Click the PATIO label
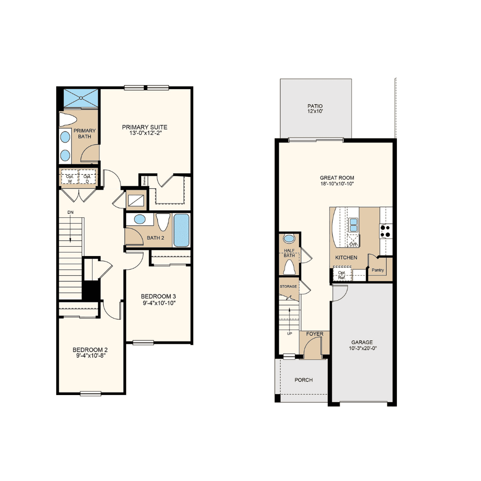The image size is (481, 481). click(x=315, y=106)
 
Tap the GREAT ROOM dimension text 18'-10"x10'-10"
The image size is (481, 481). click(x=337, y=184)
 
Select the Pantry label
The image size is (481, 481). click(x=378, y=270)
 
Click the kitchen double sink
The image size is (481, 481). click(x=353, y=225)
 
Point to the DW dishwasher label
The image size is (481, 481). click(x=353, y=244)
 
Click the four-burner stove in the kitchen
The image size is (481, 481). click(x=386, y=231)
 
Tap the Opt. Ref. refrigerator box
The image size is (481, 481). click(x=342, y=274)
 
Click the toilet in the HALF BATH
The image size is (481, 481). click(x=289, y=267)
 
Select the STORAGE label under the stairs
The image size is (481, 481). click(x=288, y=286)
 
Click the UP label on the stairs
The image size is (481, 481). click(x=289, y=334)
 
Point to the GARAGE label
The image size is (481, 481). click(x=362, y=342)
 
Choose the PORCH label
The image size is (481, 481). click(x=304, y=380)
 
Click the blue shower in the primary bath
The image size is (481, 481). click(x=81, y=98)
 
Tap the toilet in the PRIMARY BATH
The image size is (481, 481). click(x=68, y=120)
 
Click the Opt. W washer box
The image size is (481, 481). click(x=69, y=177)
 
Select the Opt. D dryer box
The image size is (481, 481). click(x=87, y=177)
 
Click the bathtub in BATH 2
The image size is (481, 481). click(x=181, y=230)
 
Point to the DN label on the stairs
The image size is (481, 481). click(x=70, y=212)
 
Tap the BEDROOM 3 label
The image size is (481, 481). click(x=158, y=296)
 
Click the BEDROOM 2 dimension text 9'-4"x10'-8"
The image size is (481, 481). click(x=91, y=356)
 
